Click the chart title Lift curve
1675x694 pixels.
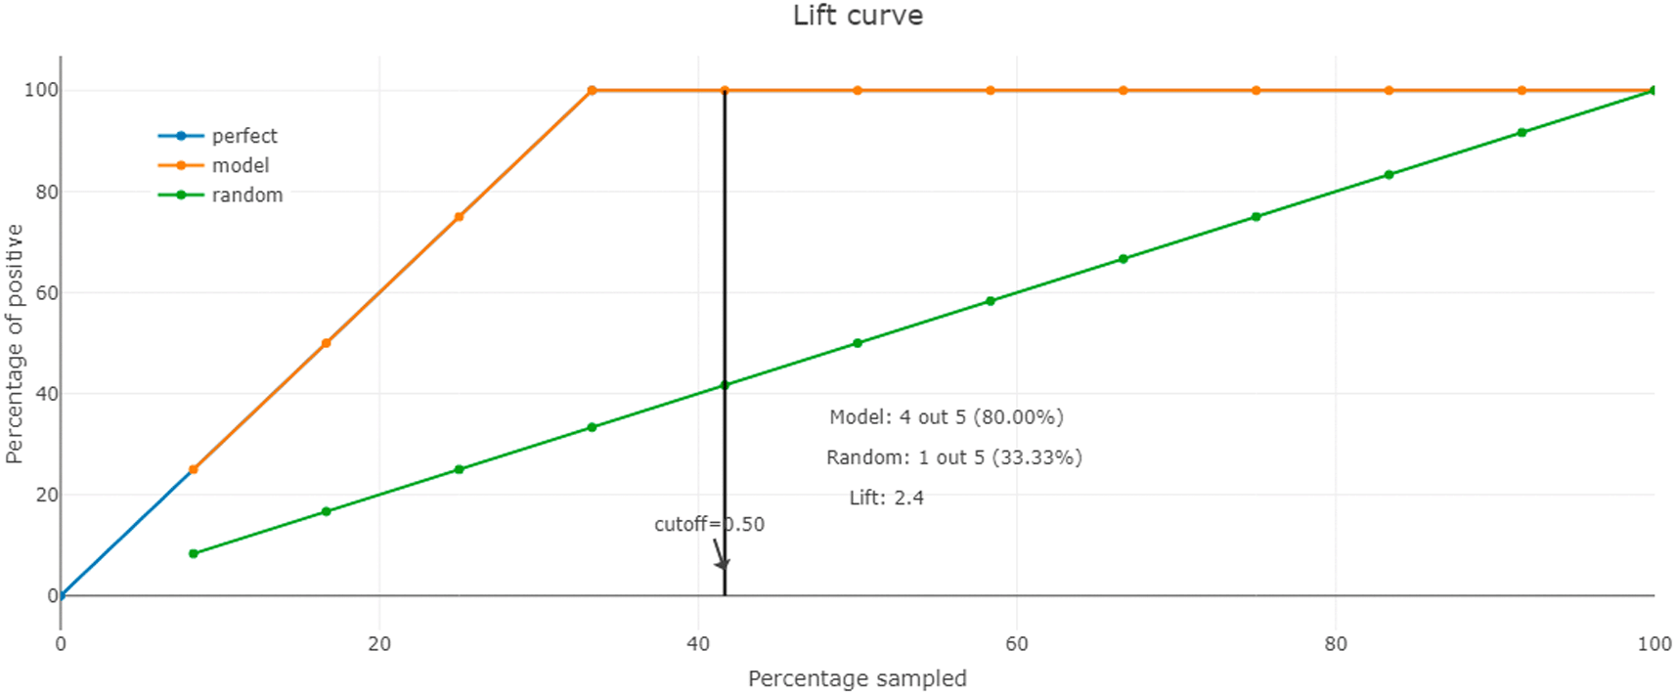858,16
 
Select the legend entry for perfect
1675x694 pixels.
244,136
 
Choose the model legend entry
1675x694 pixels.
240,165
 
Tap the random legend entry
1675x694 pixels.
246,195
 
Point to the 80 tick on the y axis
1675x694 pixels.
46,192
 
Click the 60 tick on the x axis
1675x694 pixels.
1017,643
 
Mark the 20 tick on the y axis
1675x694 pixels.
46,495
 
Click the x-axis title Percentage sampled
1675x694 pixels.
858,678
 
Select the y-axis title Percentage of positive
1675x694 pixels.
15,343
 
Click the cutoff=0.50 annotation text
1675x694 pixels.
709,524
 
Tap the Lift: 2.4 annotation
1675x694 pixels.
886,498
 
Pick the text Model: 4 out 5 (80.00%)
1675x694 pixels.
946,417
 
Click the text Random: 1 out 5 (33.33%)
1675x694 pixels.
953,457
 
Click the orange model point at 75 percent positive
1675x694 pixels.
460,217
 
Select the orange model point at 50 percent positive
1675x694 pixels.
327,343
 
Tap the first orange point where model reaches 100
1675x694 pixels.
592,91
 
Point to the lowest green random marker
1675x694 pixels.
194,553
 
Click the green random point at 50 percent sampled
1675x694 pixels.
858,343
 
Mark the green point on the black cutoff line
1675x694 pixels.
725,385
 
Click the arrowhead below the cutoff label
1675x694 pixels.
723,563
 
